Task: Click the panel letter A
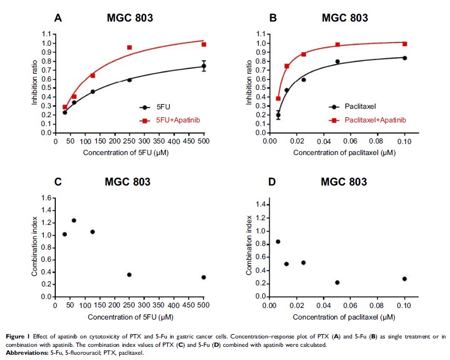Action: (58, 18)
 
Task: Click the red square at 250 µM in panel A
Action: (129, 47)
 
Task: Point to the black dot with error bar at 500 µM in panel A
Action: (204, 66)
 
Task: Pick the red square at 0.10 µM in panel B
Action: (405, 44)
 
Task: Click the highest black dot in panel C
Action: (74, 220)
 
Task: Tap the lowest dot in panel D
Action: (337, 283)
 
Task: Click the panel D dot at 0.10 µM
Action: (404, 279)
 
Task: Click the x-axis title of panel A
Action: (129, 153)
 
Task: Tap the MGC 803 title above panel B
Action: (344, 18)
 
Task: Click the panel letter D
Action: (273, 182)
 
